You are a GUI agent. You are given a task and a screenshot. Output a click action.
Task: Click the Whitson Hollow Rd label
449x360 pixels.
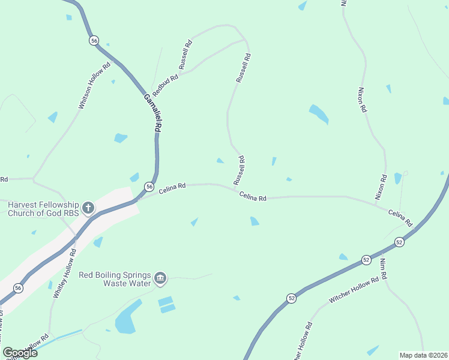point(95,85)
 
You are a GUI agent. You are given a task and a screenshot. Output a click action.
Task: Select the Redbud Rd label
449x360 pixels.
point(166,86)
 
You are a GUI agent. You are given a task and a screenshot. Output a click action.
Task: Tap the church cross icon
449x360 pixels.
point(88,208)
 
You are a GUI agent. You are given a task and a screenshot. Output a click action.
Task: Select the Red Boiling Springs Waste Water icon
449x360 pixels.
point(160,278)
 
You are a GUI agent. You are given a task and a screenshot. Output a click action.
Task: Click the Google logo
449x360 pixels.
point(20,352)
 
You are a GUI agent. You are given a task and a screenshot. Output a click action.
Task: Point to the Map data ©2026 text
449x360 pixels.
point(423,355)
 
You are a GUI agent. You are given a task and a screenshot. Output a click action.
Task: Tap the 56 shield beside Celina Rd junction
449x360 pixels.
point(149,187)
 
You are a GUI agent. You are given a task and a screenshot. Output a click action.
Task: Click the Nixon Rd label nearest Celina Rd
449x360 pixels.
point(381,187)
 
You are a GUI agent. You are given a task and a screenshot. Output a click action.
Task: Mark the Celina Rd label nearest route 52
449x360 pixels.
point(400,218)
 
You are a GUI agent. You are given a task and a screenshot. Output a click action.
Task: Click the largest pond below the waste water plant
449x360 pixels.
point(128,317)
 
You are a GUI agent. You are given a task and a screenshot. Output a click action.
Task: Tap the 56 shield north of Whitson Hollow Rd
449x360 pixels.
point(94,40)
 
